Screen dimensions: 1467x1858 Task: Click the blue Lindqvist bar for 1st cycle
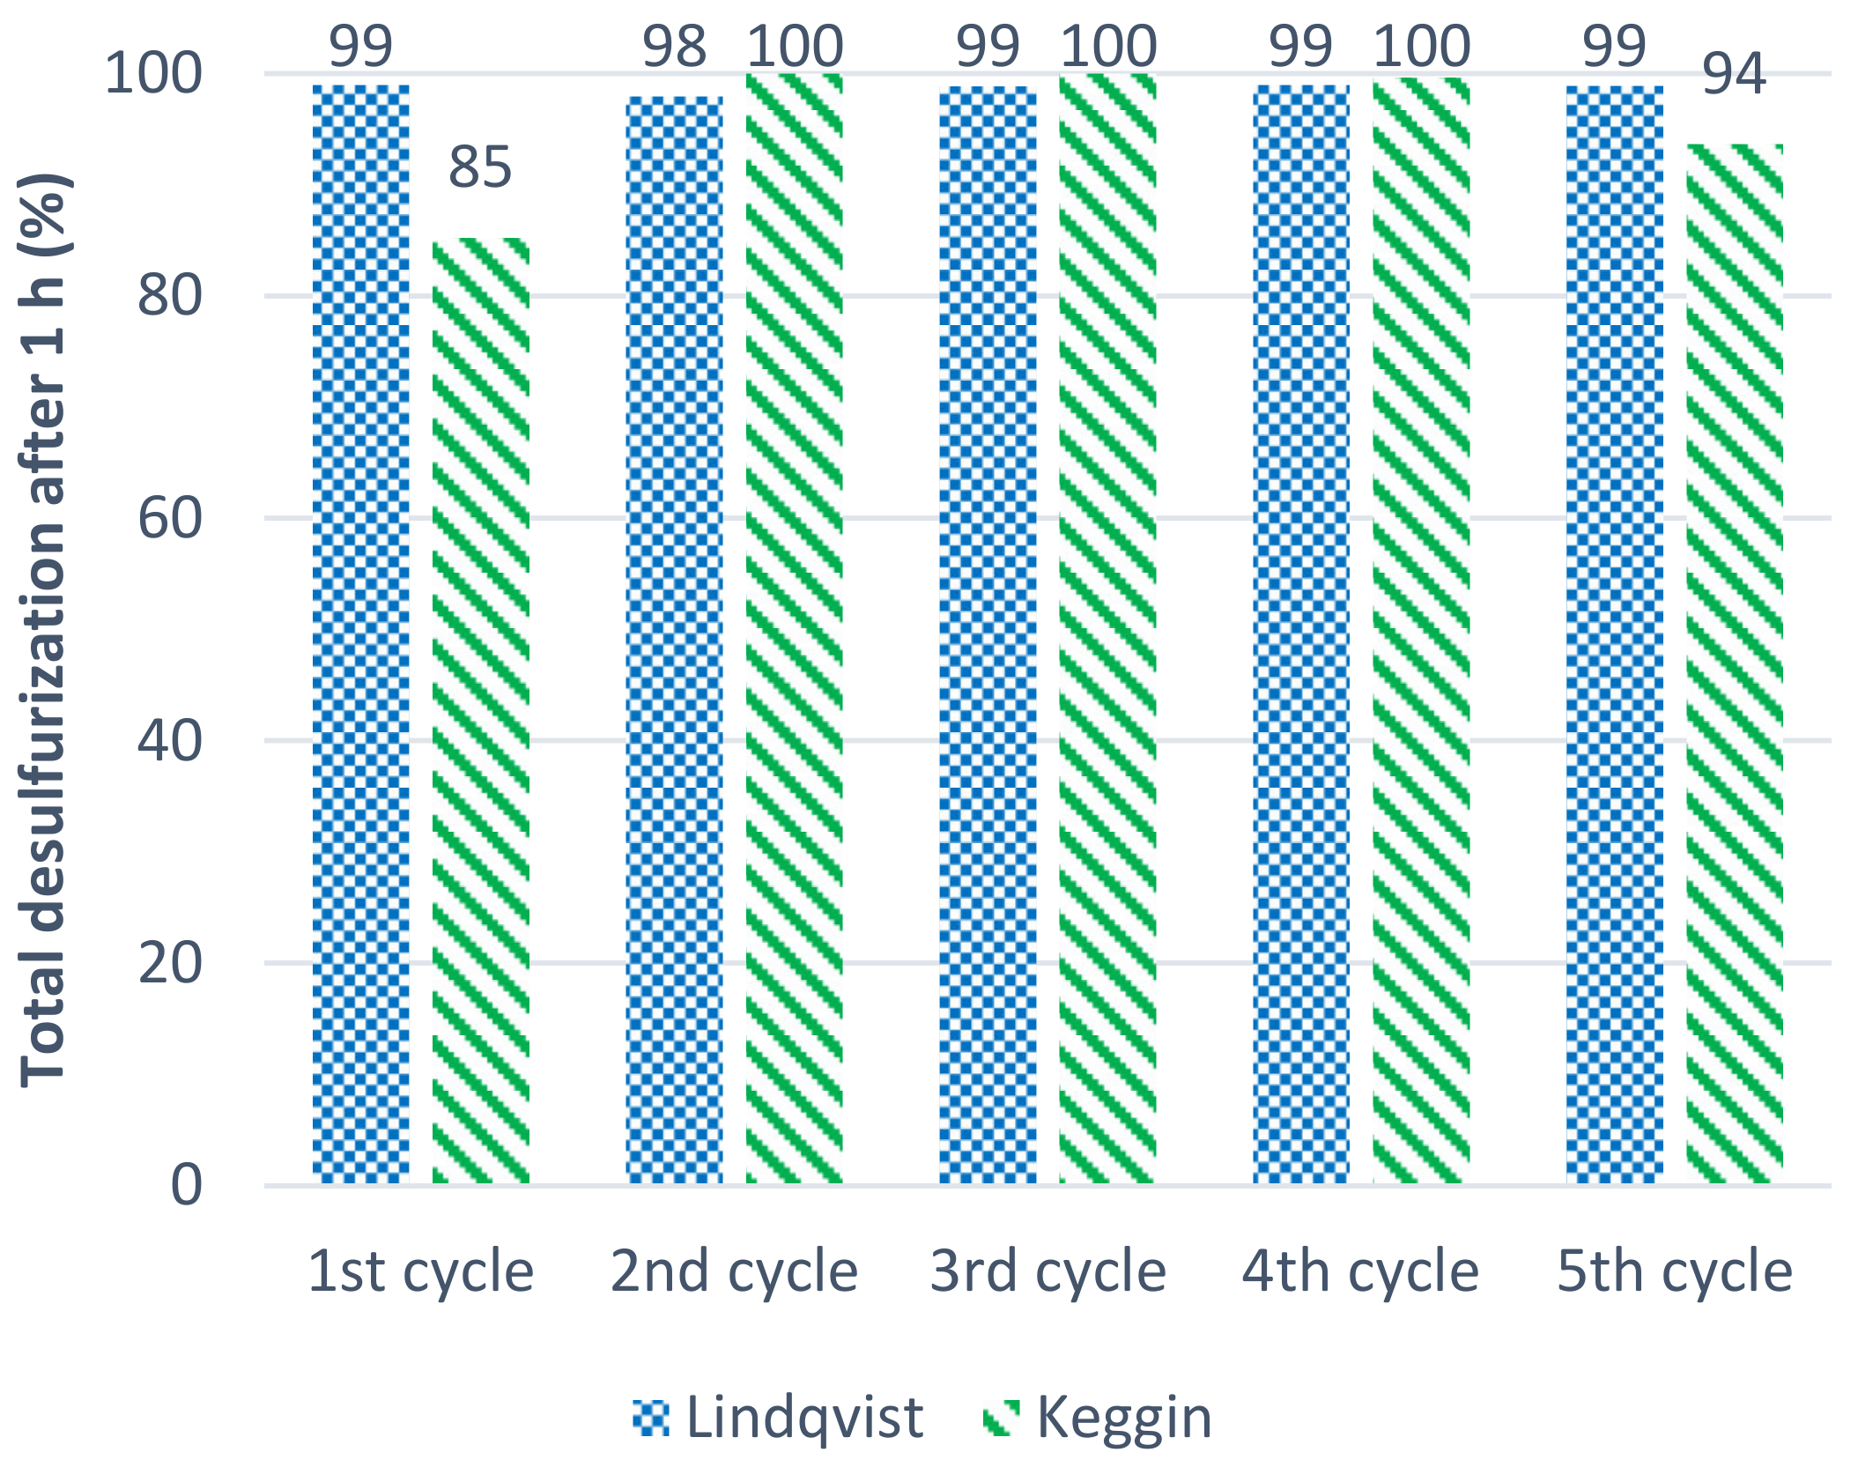coord(360,634)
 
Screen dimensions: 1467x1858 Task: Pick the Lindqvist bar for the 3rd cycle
coord(988,634)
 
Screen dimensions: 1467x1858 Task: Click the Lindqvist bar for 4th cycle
coord(1301,634)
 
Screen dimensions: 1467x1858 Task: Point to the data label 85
coord(480,167)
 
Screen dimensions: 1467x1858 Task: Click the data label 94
coord(1734,74)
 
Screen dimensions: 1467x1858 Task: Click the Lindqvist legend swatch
coord(651,1418)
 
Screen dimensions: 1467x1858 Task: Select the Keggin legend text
coord(1124,1418)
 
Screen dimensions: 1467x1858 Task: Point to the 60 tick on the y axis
coord(170,518)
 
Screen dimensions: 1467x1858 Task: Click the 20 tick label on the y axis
coord(170,963)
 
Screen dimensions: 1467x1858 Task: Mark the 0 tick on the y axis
coord(186,1185)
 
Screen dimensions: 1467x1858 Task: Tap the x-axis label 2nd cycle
coord(734,1271)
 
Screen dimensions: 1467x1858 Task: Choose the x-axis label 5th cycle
coord(1674,1271)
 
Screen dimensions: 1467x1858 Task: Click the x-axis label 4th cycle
coord(1360,1271)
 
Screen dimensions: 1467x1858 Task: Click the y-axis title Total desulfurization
coord(44,630)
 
